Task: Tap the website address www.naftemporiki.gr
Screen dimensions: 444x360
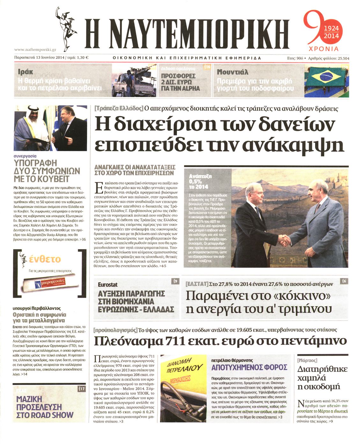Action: tap(35, 49)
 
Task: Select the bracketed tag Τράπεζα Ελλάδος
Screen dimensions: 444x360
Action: tap(118, 108)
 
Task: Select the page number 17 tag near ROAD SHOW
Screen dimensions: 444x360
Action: tap(81, 389)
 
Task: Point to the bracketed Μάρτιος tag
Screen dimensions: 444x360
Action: tap(307, 360)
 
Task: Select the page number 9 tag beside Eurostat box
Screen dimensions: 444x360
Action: tap(175, 281)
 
